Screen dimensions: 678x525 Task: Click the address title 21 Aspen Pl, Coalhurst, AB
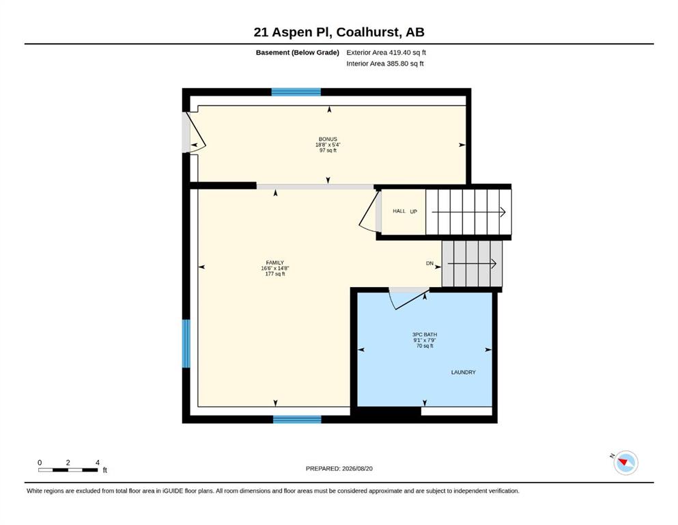[339, 32]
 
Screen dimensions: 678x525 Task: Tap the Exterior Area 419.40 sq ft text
[386, 53]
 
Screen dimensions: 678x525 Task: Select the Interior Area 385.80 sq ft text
[385, 64]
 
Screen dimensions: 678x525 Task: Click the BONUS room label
[328, 139]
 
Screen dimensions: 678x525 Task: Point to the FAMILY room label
[275, 262]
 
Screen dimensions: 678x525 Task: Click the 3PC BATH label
[425, 334]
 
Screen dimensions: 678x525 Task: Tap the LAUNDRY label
[463, 373]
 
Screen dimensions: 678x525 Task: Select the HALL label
[399, 211]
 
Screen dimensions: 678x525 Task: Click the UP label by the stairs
[413, 212]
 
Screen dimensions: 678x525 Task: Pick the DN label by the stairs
[429, 263]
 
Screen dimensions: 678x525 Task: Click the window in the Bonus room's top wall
[296, 92]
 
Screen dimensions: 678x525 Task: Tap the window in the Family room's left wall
[186, 344]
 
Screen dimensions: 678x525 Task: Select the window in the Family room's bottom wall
[297, 420]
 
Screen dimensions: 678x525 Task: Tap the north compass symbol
[625, 462]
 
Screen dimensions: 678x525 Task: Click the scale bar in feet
[68, 470]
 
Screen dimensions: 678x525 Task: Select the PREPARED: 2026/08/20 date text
[339, 468]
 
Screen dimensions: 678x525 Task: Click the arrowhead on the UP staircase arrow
[503, 212]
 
